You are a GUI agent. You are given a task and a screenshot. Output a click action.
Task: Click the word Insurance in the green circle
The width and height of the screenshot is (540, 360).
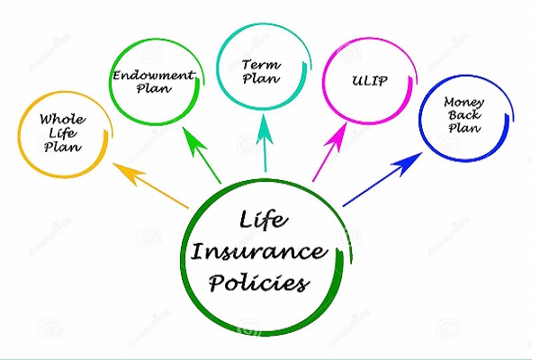point(260,251)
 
